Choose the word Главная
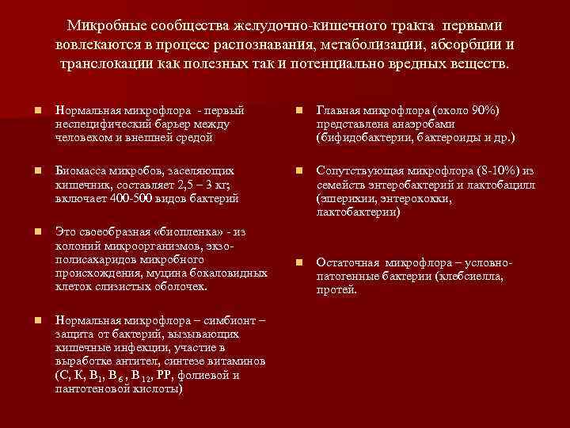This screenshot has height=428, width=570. pyautogui.click(x=338, y=109)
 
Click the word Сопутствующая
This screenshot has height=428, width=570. pyautogui.click(x=357, y=170)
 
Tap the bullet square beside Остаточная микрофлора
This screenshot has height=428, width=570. pyautogui.click(x=298, y=262)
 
